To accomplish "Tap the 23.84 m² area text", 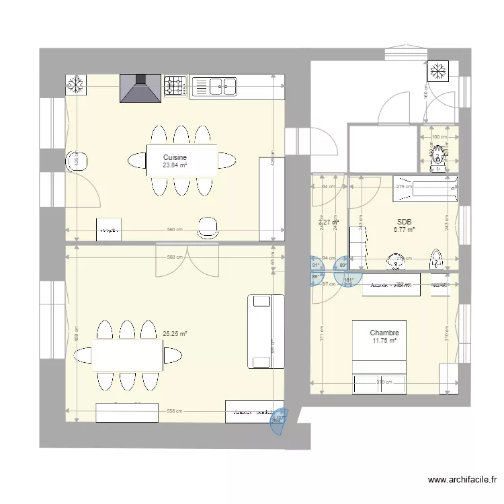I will (174, 165).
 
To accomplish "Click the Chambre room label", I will (384, 333).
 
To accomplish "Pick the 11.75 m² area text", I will (384, 341).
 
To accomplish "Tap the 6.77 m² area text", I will (404, 229).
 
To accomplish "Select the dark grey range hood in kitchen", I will (140, 88).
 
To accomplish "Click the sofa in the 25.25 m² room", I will (259, 331).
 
